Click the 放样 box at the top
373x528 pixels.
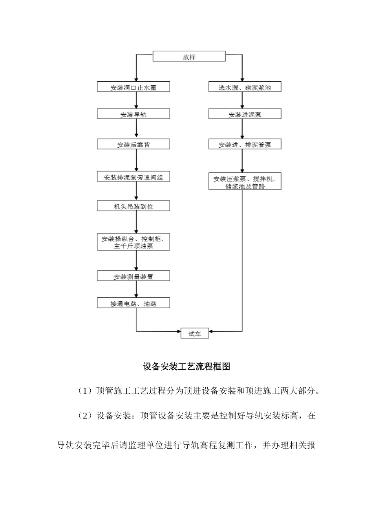click(189, 57)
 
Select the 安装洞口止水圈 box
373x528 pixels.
click(133, 87)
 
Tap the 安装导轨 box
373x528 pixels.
click(133, 114)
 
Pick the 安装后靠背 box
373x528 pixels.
click(133, 145)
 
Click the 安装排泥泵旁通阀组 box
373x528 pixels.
click(133, 177)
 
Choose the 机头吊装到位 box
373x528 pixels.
click(133, 206)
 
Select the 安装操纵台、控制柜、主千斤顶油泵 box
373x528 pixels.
click(133, 242)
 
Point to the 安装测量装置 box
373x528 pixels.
click(133, 277)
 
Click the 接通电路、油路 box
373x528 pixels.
click(133, 303)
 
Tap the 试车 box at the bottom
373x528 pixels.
click(195, 334)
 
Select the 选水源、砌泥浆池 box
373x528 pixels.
click(245, 87)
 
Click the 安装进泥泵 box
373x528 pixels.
click(245, 114)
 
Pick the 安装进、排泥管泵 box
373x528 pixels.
click(245, 145)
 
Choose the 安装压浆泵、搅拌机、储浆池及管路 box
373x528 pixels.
click(245, 182)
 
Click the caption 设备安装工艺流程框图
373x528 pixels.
click(186, 367)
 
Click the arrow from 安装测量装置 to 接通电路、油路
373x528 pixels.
click(136, 290)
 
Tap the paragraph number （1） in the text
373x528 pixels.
click(84, 391)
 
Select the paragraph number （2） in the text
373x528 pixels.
click(84, 416)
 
